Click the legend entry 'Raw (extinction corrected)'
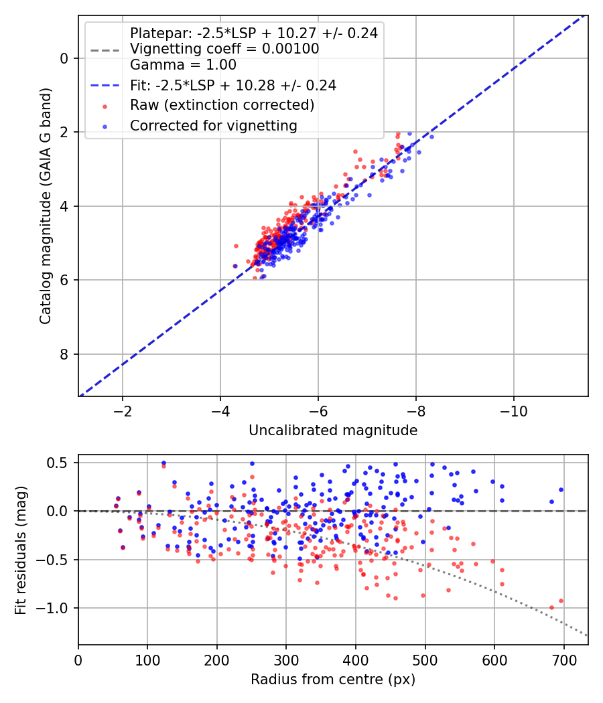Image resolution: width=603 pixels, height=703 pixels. coord(222,105)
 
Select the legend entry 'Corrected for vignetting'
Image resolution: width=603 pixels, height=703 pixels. coord(214,126)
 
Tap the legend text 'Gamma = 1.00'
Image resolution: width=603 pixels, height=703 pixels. coord(183,64)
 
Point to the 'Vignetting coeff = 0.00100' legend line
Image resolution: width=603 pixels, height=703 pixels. coord(224,49)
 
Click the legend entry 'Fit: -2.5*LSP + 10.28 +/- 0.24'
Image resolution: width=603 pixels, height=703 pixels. coord(233,85)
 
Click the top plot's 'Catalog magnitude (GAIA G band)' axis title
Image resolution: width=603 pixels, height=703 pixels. coord(45,206)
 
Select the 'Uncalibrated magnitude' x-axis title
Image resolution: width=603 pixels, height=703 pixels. coord(333,430)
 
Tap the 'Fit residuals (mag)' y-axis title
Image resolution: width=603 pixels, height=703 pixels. coord(21,550)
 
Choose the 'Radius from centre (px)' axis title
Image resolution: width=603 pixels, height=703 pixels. coord(333,680)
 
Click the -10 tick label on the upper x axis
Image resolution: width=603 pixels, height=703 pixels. coord(514,410)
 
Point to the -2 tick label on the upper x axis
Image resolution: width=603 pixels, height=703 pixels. coord(123,410)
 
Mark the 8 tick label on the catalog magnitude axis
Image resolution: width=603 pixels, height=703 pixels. coord(64,354)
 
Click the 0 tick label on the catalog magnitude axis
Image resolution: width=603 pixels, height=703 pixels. coord(64,58)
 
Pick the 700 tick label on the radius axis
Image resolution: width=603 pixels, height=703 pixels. coord(563,660)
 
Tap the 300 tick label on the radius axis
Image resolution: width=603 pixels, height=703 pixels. coord(286,660)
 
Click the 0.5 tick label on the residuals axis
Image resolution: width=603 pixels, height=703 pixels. coord(58,462)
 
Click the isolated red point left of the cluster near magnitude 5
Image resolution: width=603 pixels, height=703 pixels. coord(236,246)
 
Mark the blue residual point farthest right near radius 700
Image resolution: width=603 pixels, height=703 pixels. coord(561,490)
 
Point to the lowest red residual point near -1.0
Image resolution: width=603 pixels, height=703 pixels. coord(551,607)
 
